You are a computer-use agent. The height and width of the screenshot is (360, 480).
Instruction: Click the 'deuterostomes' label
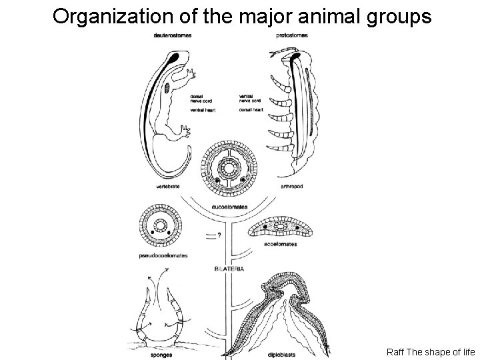pyautogui.click(x=167, y=36)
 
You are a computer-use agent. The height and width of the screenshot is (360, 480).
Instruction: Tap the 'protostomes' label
pyautogui.click(x=291, y=36)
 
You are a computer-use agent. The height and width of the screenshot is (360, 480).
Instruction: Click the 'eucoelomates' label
pyautogui.click(x=229, y=207)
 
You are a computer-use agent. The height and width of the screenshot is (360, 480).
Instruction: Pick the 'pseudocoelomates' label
pyautogui.click(x=163, y=255)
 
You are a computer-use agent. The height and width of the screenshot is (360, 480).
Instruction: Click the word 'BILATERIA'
pyautogui.click(x=229, y=269)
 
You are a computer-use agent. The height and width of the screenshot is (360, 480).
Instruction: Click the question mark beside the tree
pyautogui.click(x=219, y=235)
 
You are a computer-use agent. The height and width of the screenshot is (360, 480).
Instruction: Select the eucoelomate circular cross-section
pyautogui.click(x=230, y=169)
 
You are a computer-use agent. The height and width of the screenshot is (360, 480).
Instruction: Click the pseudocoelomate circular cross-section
pyautogui.click(x=161, y=227)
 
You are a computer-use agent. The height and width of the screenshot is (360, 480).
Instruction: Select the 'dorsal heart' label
pyautogui.click(x=250, y=109)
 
